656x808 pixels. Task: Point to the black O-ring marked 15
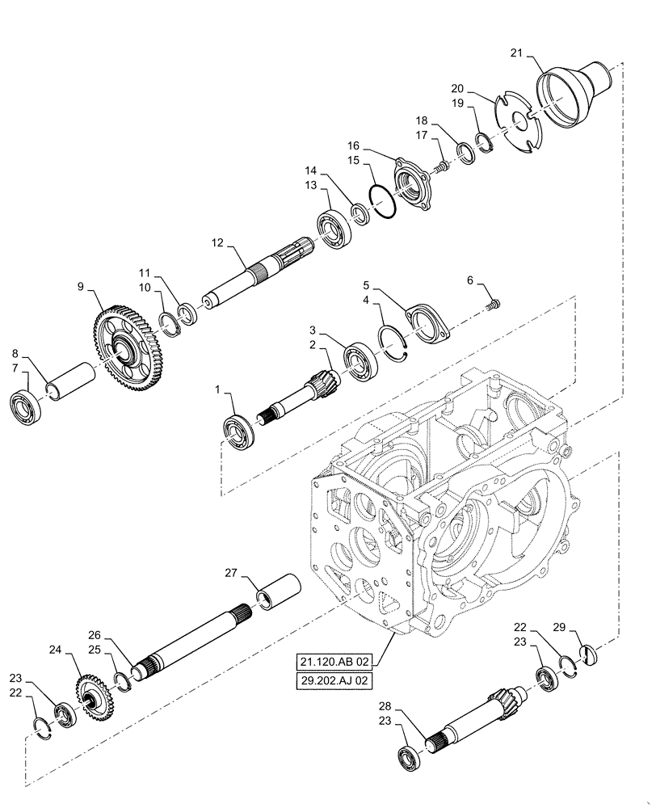[382, 201]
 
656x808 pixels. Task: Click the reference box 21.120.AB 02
[334, 662]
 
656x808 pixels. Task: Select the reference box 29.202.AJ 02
[334, 681]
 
